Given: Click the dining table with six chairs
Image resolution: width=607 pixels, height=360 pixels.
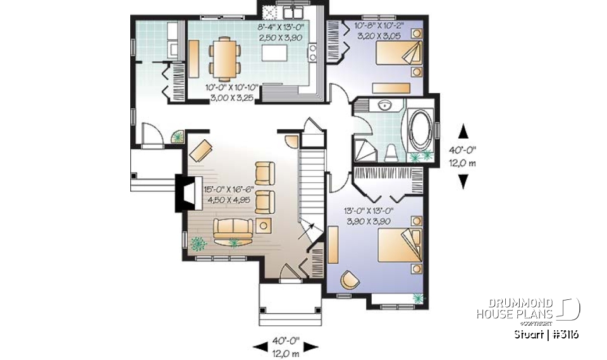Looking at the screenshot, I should click(x=224, y=58).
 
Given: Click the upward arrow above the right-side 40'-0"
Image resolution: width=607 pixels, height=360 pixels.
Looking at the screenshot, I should click(x=463, y=131).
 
